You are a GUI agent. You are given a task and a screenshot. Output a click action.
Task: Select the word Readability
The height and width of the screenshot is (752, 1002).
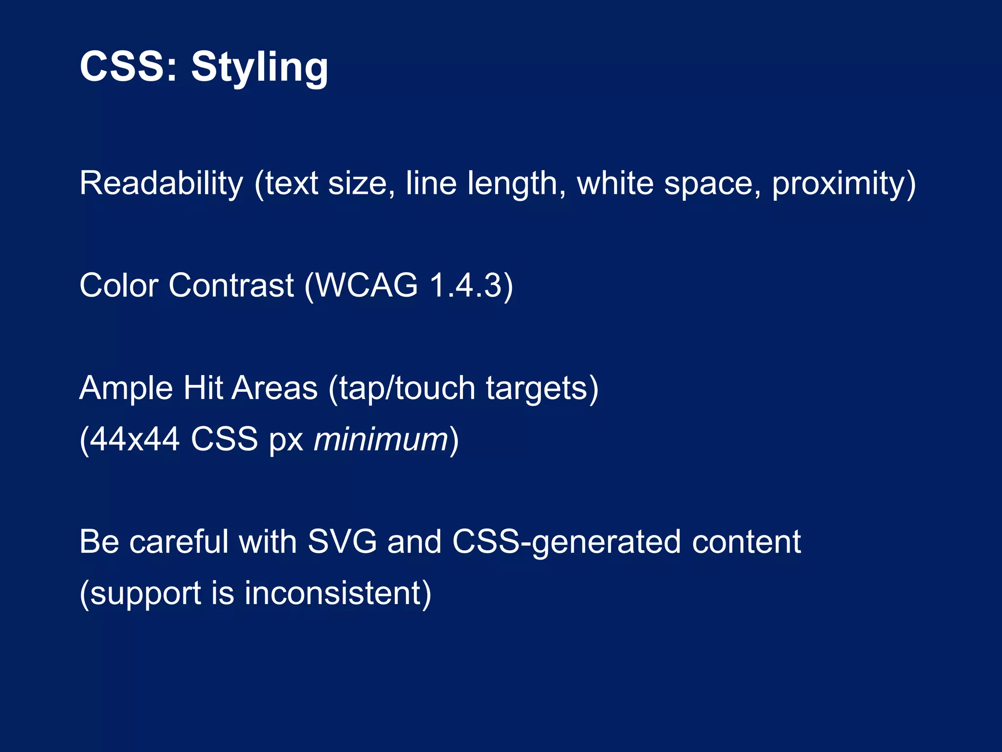161,184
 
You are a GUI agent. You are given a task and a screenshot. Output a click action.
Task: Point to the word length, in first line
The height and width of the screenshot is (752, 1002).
517,184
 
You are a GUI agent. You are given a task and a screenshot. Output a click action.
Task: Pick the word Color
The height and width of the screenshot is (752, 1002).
119,285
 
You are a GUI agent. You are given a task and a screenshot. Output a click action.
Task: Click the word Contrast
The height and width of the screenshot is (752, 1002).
231,285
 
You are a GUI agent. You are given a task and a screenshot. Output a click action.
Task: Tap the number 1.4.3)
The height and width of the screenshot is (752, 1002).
471,285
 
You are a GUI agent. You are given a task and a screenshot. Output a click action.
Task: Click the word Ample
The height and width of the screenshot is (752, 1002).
126,388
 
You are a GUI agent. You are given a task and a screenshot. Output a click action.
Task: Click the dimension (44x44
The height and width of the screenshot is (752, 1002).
129,439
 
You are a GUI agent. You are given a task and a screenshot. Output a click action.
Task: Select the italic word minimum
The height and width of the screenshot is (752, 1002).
381,439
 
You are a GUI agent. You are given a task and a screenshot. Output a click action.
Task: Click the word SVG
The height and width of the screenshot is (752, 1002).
342,542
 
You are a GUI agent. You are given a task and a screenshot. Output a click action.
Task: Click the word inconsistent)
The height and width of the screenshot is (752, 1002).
338,593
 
